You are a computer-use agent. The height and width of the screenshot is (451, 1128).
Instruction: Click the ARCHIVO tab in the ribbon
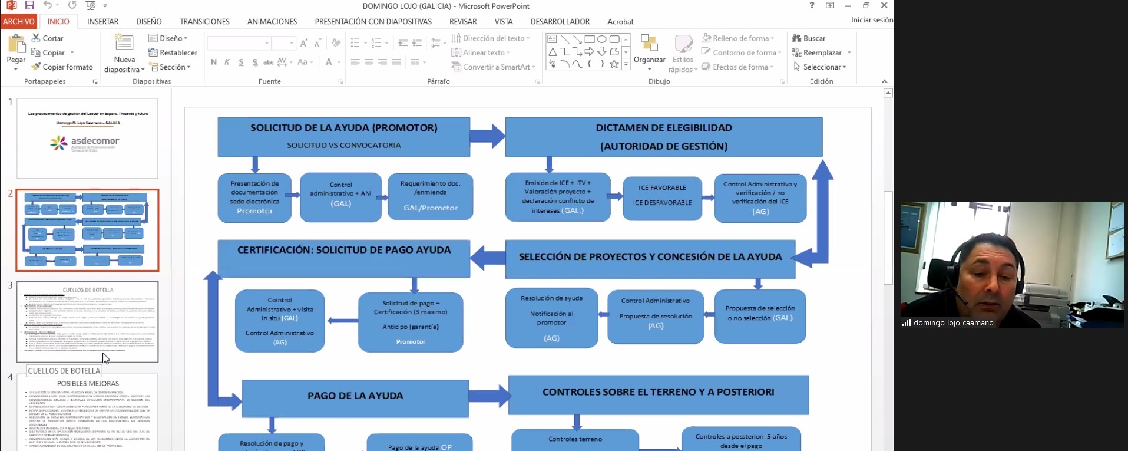[x=19, y=21]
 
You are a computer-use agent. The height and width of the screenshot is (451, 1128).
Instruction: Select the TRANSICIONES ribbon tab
[x=204, y=21]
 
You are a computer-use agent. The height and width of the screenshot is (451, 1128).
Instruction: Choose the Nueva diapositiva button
[x=124, y=53]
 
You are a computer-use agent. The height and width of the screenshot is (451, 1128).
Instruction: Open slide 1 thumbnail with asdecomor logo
[x=87, y=139]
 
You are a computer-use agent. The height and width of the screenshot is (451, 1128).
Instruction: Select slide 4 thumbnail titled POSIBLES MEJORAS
[x=87, y=413]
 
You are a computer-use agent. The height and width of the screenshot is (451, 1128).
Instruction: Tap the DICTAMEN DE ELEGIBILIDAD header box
[x=663, y=137]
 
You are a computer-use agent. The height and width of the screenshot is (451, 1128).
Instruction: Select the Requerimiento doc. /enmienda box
[x=431, y=197]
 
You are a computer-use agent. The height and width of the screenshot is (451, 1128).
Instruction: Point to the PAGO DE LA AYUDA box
[x=355, y=396]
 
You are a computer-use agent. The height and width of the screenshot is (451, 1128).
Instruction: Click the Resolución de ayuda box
[x=551, y=318]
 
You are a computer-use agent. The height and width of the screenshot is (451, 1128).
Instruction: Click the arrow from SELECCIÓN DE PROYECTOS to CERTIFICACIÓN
[x=488, y=258]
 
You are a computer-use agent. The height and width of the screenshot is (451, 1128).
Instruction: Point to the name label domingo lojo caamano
[x=953, y=323]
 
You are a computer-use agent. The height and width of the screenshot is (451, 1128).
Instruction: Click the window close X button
[x=884, y=5]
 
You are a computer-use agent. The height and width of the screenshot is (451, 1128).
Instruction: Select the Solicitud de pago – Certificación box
[x=411, y=322]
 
